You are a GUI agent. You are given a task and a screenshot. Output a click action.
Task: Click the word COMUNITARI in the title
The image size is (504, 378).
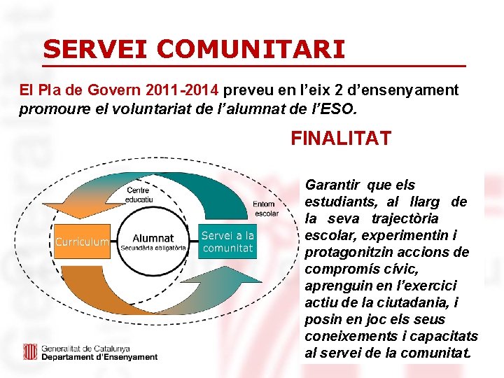251,49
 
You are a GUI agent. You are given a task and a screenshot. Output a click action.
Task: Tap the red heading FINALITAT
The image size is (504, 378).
341,138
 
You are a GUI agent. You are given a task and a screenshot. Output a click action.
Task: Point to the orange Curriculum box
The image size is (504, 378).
82,242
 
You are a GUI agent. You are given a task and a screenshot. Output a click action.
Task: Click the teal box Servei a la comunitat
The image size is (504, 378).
227,241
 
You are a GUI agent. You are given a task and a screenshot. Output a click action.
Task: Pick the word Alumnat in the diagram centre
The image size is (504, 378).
153,238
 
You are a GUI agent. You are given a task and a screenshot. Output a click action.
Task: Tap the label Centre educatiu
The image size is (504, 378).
139,195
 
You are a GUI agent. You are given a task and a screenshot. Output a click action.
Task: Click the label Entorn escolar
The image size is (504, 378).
266,209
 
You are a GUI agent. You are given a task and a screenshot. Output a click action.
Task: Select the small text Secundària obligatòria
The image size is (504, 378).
153,248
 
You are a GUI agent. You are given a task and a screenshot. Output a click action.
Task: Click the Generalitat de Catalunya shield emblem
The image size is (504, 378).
30,351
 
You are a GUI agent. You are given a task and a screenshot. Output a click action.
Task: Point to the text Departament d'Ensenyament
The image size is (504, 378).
99,357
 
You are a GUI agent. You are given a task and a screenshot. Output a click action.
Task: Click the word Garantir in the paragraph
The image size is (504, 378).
332,185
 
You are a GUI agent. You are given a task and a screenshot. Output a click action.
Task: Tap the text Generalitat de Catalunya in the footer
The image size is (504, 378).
85,348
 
